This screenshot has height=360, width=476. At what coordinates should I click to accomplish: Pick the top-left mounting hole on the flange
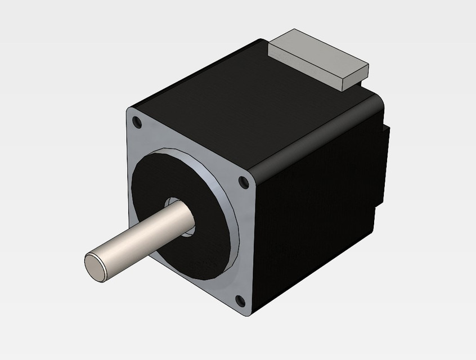[x=136, y=120]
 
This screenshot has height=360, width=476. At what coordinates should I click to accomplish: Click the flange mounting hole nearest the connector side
[x=243, y=182]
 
